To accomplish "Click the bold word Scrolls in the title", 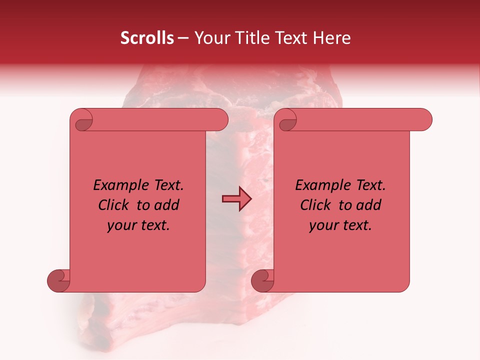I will point(147,38).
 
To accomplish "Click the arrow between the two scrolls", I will point(236,199).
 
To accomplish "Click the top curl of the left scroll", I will point(83,120).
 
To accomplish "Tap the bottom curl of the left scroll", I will point(59,281).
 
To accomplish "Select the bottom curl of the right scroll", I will point(263,281).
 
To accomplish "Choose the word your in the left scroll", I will point(121,225).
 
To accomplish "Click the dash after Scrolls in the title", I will point(183,38).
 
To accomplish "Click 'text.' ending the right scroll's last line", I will point(356,225).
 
